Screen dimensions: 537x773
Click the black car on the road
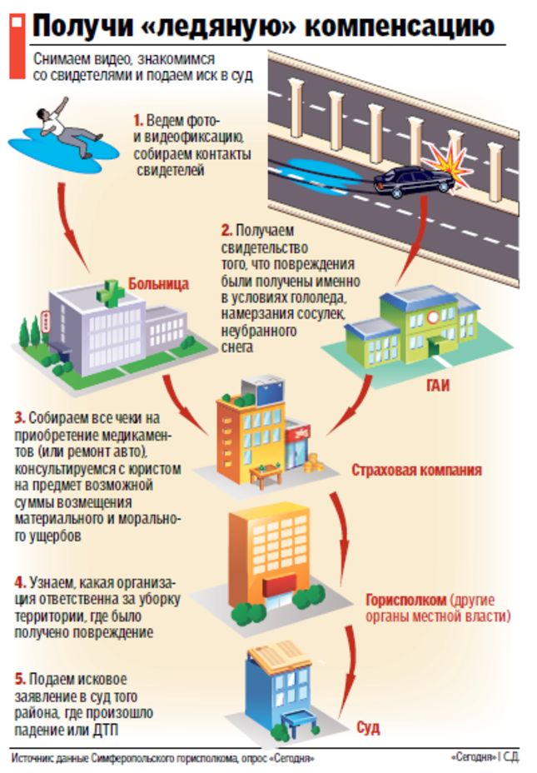tap(413, 182)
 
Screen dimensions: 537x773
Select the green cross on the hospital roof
tap(110, 293)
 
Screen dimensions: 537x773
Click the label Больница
tap(158, 284)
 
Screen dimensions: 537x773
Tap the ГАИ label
tap(437, 385)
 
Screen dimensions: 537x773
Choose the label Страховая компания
tap(416, 470)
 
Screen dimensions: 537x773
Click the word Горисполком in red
tap(405, 600)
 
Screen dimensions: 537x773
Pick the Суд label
tap(368, 728)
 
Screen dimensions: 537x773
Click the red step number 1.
tap(138, 120)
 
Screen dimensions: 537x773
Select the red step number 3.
tap(19, 418)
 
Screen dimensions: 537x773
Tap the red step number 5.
tap(20, 680)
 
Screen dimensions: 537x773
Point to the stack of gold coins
tap(313, 463)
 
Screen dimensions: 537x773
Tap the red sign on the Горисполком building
tap(279, 585)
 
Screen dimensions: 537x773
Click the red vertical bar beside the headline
tap(17, 47)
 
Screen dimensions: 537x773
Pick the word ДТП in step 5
tap(106, 730)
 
